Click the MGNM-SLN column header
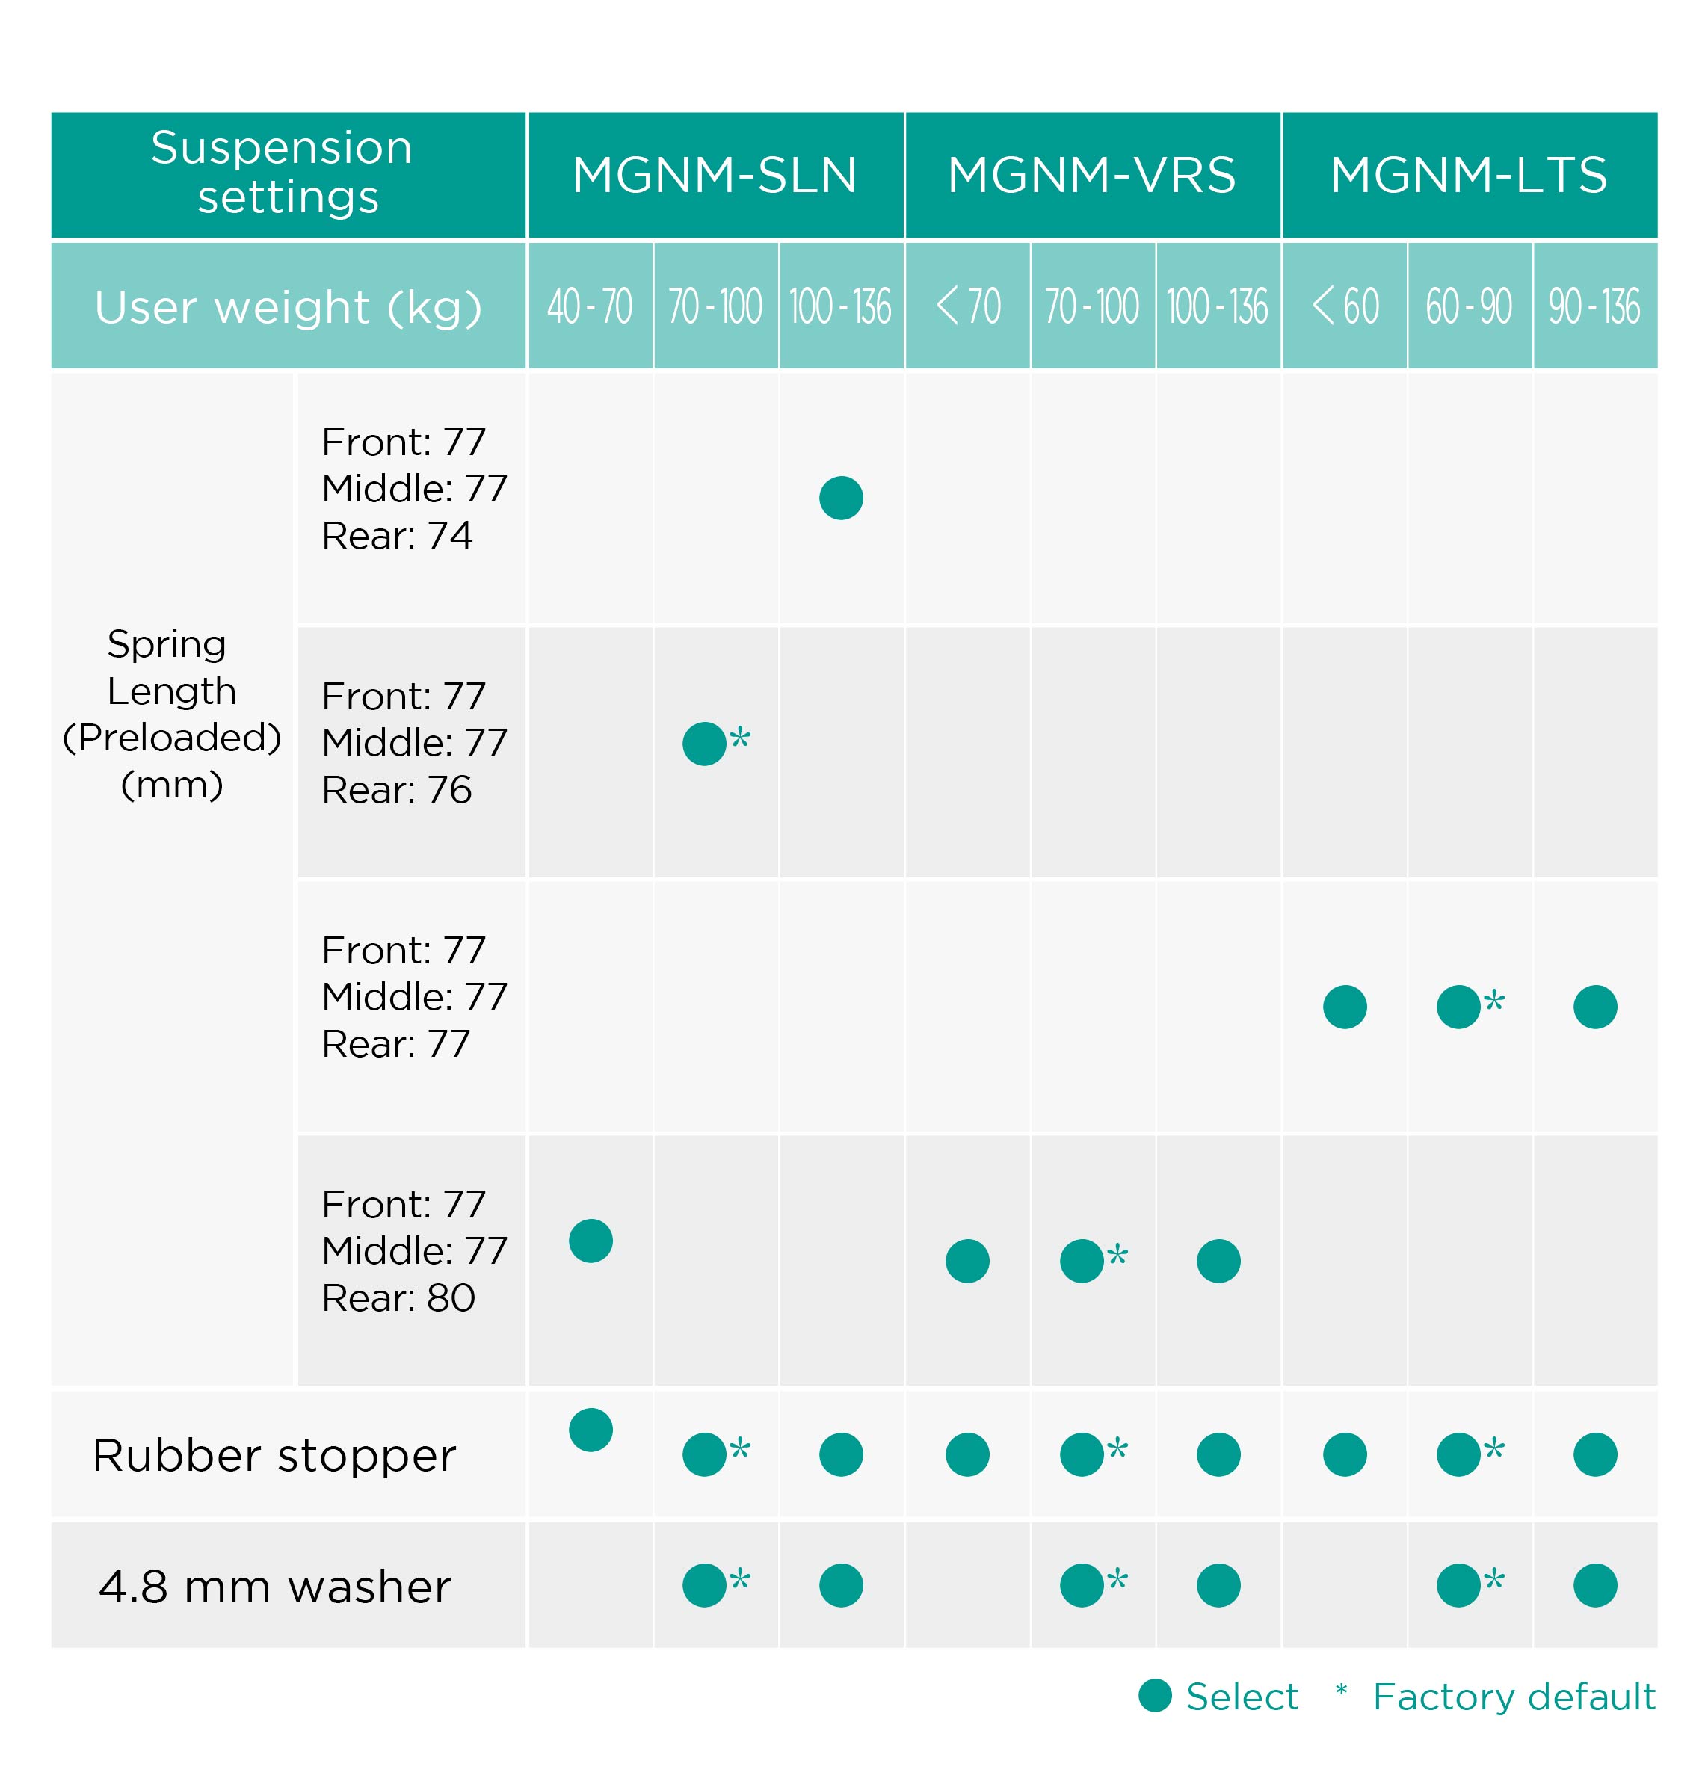click(715, 175)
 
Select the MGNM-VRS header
click(1091, 175)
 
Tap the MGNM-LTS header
click(1469, 175)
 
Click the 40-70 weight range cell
click(590, 306)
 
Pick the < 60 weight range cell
click(1345, 306)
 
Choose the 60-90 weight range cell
click(1469, 306)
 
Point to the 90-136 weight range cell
click(1594, 306)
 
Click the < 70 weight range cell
click(968, 306)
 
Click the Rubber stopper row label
click(274, 1455)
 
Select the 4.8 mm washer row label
click(274, 1587)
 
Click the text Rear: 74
click(397, 535)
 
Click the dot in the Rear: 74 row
click(841, 498)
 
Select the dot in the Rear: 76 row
click(705, 744)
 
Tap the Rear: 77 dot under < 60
click(1345, 1007)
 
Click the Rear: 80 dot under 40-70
click(591, 1241)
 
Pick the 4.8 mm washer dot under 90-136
click(1595, 1586)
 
